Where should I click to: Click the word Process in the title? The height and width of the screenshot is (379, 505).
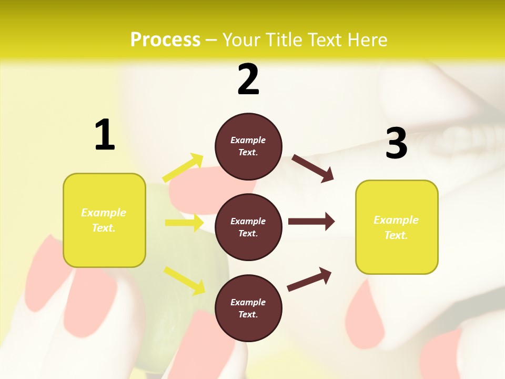165,40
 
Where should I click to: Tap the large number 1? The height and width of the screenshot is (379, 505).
104,135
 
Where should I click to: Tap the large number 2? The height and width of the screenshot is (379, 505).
248,80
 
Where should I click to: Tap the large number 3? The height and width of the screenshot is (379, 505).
396,144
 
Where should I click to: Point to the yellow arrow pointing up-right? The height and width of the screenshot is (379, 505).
183,168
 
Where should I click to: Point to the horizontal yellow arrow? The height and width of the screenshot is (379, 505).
184,223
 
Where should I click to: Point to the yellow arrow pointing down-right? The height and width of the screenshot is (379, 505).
184,280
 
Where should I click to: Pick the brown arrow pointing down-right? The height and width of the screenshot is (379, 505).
312,168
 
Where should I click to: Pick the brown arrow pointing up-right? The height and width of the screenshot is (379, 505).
309,280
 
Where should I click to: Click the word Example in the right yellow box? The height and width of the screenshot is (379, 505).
396,220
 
